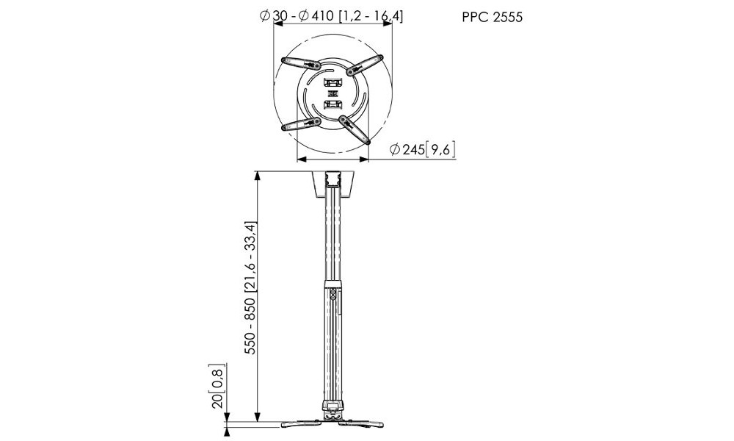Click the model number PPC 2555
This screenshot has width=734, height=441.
click(492, 18)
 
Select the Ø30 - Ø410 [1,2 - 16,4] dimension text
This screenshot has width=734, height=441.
click(332, 16)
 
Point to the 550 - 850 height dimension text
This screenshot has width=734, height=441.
click(251, 287)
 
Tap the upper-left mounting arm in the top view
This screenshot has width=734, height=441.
click(300, 63)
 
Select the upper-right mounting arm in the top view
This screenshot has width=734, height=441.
click(365, 64)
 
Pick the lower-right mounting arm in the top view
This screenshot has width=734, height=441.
click(355, 129)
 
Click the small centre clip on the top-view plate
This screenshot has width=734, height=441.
click(333, 95)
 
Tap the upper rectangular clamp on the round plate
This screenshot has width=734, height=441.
click(333, 83)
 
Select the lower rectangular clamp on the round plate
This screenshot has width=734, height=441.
click(333, 104)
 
